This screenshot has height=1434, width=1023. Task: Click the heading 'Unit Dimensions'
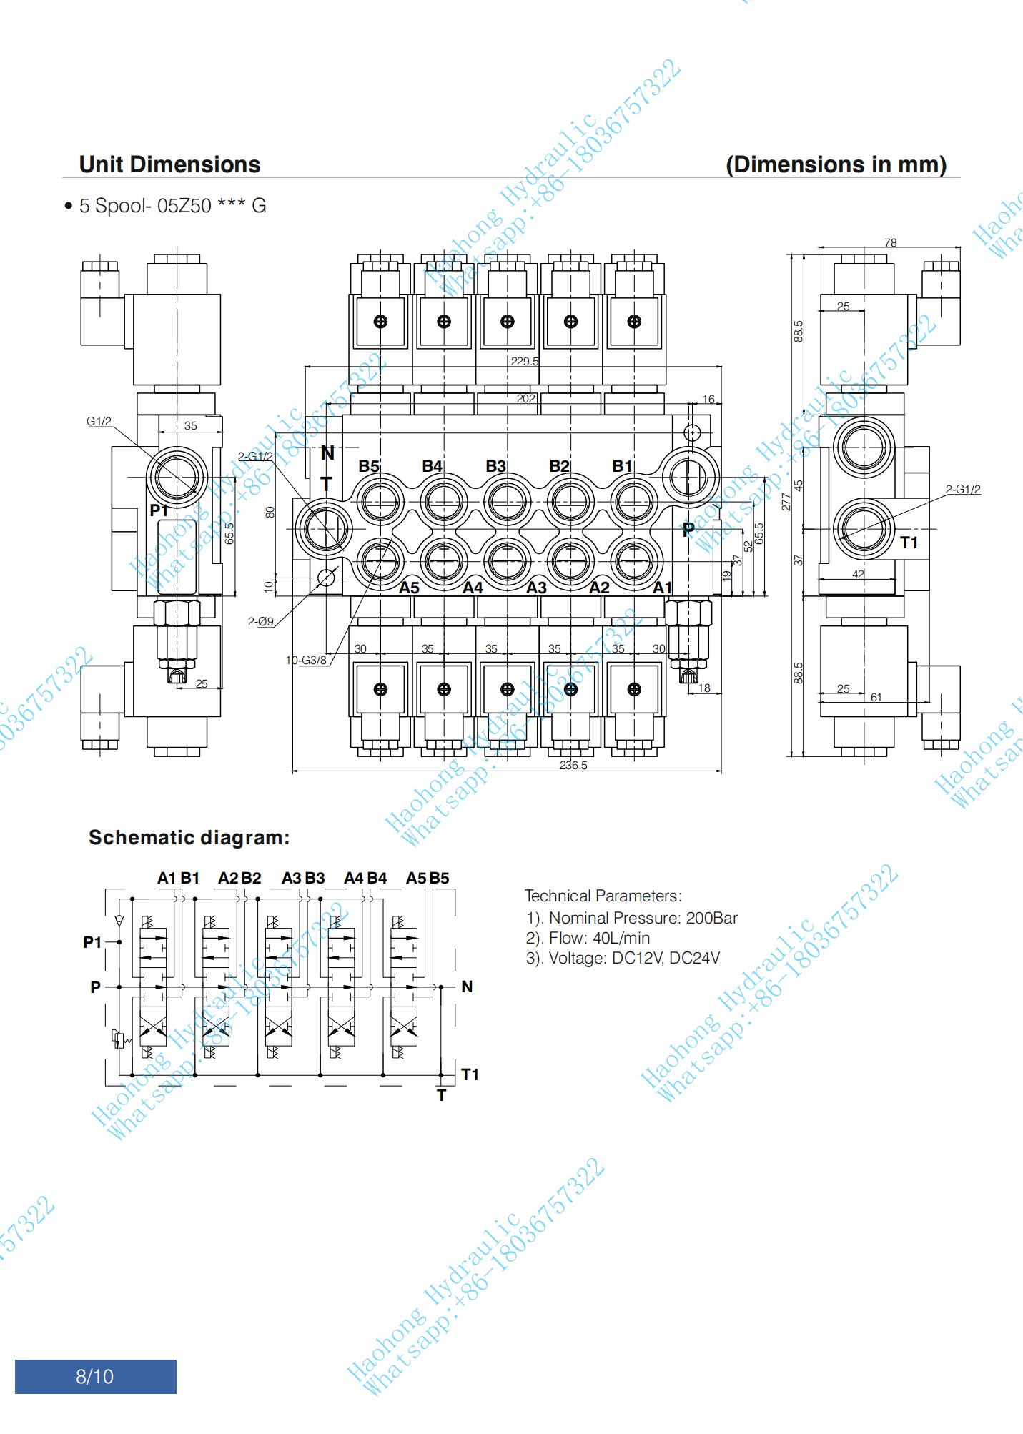169,164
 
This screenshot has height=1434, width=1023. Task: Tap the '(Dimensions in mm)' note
836,164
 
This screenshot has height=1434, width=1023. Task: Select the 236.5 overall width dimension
573,765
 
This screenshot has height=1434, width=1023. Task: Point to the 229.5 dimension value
524,361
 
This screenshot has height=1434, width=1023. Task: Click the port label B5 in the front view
369,466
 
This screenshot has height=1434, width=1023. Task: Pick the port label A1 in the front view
663,588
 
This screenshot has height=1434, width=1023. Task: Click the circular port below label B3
507,502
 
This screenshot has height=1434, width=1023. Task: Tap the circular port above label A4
444,560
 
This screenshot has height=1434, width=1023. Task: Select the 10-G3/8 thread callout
306,660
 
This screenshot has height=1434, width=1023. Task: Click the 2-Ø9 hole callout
261,622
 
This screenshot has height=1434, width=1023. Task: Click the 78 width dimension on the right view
890,243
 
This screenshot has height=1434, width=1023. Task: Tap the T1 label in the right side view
909,543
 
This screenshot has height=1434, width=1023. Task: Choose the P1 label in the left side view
159,510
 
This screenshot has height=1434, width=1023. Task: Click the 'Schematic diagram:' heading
189,838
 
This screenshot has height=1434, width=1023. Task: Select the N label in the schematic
467,987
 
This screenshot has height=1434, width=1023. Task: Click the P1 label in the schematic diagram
92,942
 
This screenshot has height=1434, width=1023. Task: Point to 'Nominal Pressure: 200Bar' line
632,918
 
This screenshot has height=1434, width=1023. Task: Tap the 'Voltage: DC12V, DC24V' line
623,958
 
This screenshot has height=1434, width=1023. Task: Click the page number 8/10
95,1376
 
